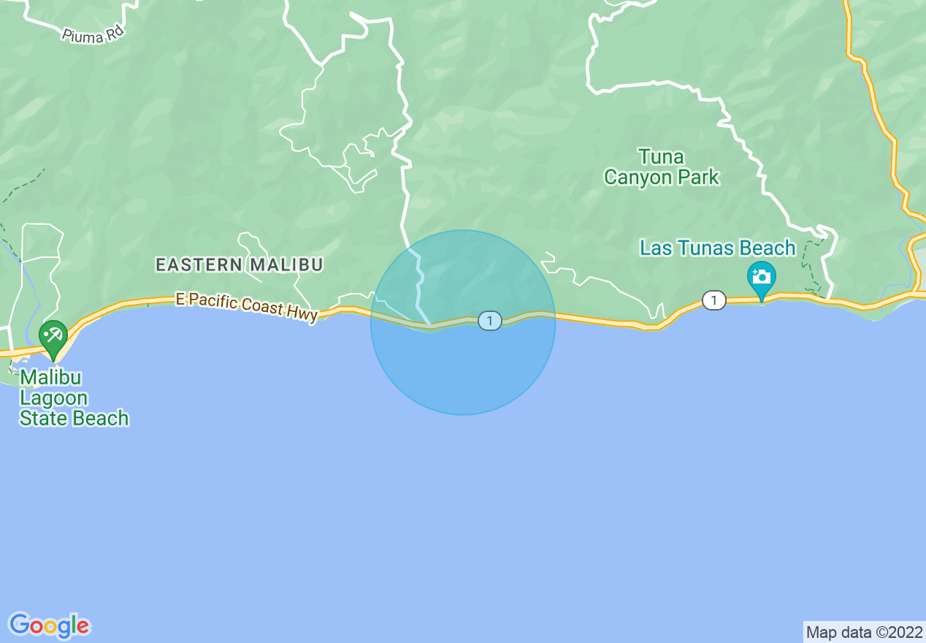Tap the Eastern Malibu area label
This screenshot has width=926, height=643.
pyautogui.click(x=239, y=265)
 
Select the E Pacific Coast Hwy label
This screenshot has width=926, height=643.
pyautogui.click(x=246, y=306)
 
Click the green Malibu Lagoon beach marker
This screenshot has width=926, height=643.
pyautogui.click(x=53, y=337)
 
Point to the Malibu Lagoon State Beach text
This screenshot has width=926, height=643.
pyautogui.click(x=74, y=398)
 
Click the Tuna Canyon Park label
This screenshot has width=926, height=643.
pyautogui.click(x=662, y=167)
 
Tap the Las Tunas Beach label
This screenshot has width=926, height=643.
pyautogui.click(x=717, y=248)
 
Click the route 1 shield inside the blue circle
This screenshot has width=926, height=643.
pyautogui.click(x=490, y=321)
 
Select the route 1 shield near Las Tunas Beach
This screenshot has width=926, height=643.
pyautogui.click(x=713, y=300)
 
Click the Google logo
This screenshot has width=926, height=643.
pyautogui.click(x=50, y=625)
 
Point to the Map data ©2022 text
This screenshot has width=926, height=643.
pyautogui.click(x=863, y=632)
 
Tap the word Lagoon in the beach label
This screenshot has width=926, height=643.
pyautogui.click(x=53, y=398)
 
